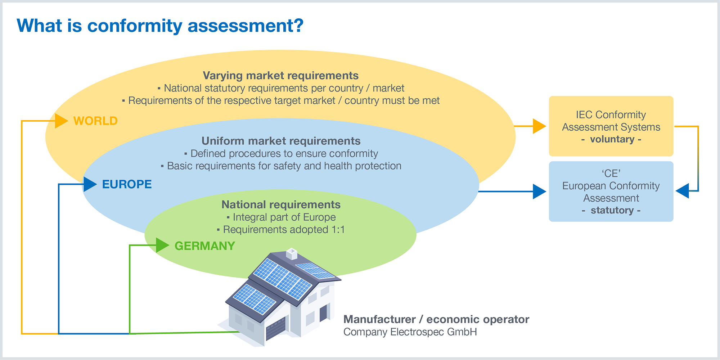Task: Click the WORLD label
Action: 95,121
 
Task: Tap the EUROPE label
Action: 127,184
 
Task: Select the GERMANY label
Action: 204,246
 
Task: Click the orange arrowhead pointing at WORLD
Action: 62,121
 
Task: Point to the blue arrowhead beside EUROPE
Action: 90,184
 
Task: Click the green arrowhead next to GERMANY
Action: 163,246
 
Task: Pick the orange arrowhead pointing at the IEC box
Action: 539,126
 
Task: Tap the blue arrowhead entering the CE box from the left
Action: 539,192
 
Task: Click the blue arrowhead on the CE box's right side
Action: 682,191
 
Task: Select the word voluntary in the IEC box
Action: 612,139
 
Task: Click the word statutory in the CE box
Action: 612,210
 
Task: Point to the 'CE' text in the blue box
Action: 611,174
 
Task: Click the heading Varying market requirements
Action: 280,76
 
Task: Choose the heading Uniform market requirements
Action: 281,141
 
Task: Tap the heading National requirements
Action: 281,204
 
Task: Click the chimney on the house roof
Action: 291,253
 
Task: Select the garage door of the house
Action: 276,328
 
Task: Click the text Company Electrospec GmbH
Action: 410,332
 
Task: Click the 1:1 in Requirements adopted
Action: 338,230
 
